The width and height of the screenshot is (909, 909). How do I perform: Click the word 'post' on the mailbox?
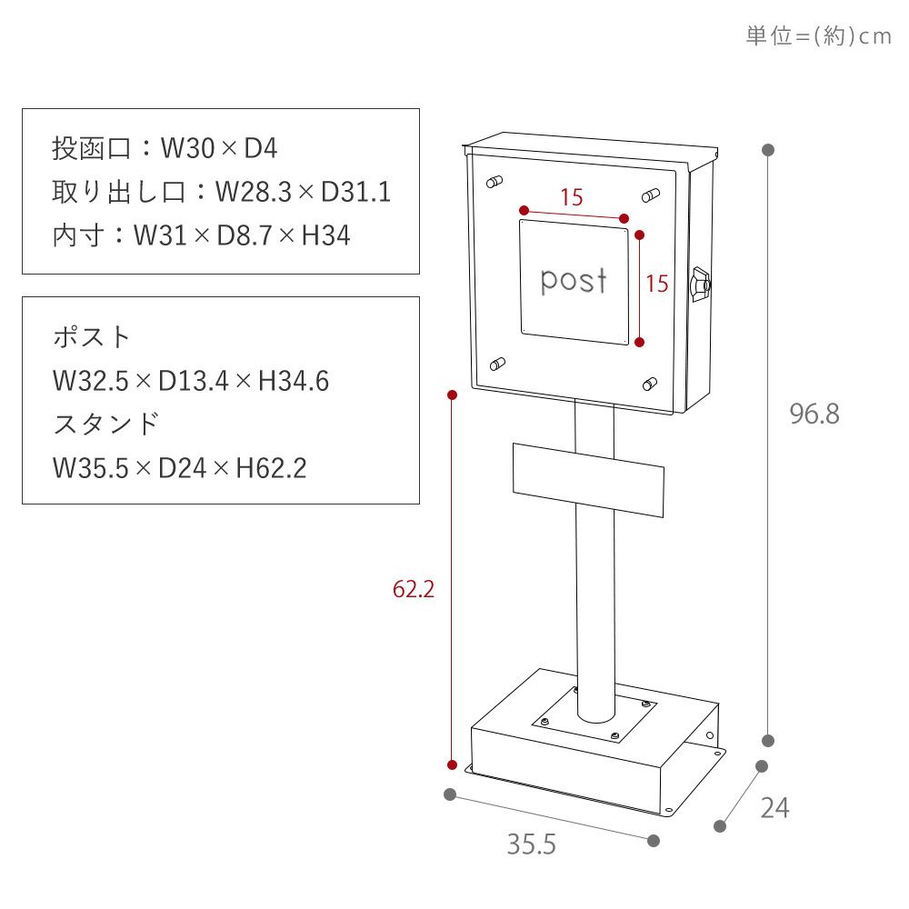[x=574, y=281]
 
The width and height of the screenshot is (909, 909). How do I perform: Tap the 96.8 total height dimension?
[x=814, y=415]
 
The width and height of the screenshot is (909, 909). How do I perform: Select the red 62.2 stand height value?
[x=414, y=589]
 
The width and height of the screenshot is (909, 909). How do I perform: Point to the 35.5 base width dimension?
[x=531, y=844]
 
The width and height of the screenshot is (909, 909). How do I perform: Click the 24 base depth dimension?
[x=774, y=807]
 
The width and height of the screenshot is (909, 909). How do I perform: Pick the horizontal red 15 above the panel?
[x=571, y=197]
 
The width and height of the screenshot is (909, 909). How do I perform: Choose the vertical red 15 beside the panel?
[x=656, y=284]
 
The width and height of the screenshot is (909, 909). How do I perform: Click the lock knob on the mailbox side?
[x=700, y=284]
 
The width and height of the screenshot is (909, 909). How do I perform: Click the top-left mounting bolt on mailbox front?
[x=494, y=182]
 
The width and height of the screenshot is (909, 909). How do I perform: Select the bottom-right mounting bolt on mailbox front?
[x=650, y=383]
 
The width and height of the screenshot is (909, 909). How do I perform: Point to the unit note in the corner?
[x=818, y=36]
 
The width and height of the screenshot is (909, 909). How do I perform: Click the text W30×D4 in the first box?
[x=219, y=148]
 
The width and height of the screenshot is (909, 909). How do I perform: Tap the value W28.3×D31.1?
[x=303, y=192]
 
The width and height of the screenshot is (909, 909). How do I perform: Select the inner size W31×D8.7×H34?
[x=241, y=236]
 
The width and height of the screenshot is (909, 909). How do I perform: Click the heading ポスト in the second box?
[x=93, y=337]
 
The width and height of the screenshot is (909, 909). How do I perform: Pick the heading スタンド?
[x=106, y=425]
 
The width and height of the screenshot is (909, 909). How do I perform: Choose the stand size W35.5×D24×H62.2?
[x=180, y=468]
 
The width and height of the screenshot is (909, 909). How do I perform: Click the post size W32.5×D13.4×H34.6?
[x=191, y=381]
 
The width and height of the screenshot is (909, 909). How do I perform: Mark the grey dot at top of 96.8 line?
[x=768, y=150]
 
